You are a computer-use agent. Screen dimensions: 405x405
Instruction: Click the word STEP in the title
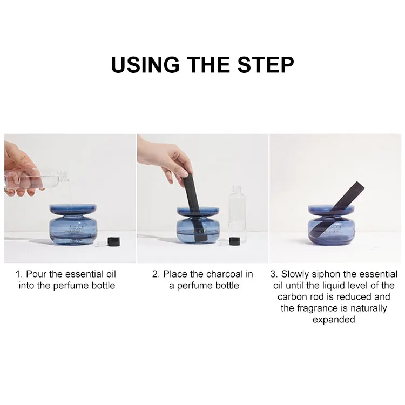point(266,65)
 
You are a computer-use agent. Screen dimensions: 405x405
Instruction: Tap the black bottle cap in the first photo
point(113,241)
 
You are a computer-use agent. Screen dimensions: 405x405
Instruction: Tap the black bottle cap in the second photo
point(234,241)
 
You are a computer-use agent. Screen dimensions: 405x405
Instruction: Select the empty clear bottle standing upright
point(237,214)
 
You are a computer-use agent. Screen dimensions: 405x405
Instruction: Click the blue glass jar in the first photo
point(73,225)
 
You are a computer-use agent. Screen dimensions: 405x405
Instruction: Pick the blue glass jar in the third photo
point(332,225)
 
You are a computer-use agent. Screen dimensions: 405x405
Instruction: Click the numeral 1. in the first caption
point(19,274)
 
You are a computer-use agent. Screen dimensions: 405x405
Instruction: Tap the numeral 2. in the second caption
point(156,274)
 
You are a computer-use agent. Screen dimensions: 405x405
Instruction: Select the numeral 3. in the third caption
point(274,274)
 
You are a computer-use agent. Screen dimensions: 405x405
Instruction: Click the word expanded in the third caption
point(334,320)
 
